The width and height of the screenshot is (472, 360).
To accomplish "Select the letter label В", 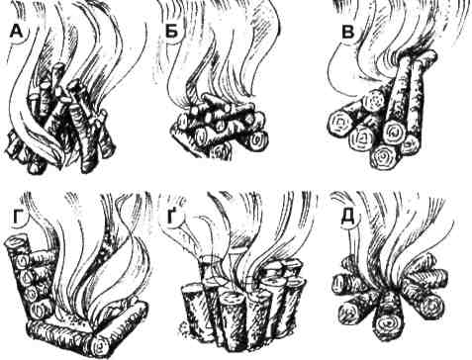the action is coord(348,33).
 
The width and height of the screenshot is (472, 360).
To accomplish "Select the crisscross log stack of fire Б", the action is coord(219,127).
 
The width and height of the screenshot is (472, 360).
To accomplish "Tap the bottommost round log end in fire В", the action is coord(384,157).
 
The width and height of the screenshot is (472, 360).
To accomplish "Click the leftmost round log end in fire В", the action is coord(340,125).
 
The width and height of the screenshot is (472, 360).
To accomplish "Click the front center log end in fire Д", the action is coord(387,321).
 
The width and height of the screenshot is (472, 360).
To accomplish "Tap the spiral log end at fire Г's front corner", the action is coord(101,347).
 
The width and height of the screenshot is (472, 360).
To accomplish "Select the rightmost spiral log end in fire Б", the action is coord(257,141).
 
